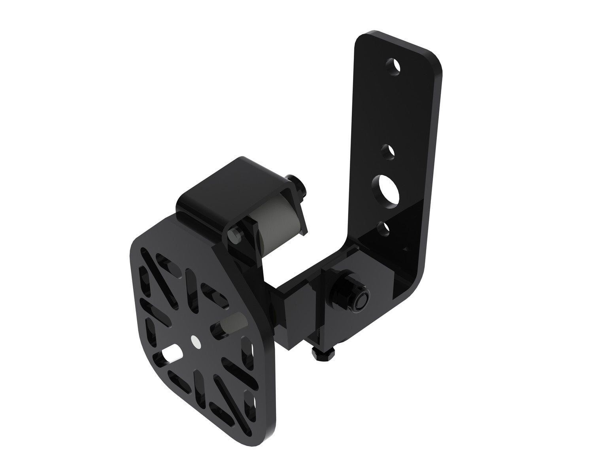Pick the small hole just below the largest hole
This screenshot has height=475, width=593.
tap(382, 229)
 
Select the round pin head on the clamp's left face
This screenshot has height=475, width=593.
tap(235, 236)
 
